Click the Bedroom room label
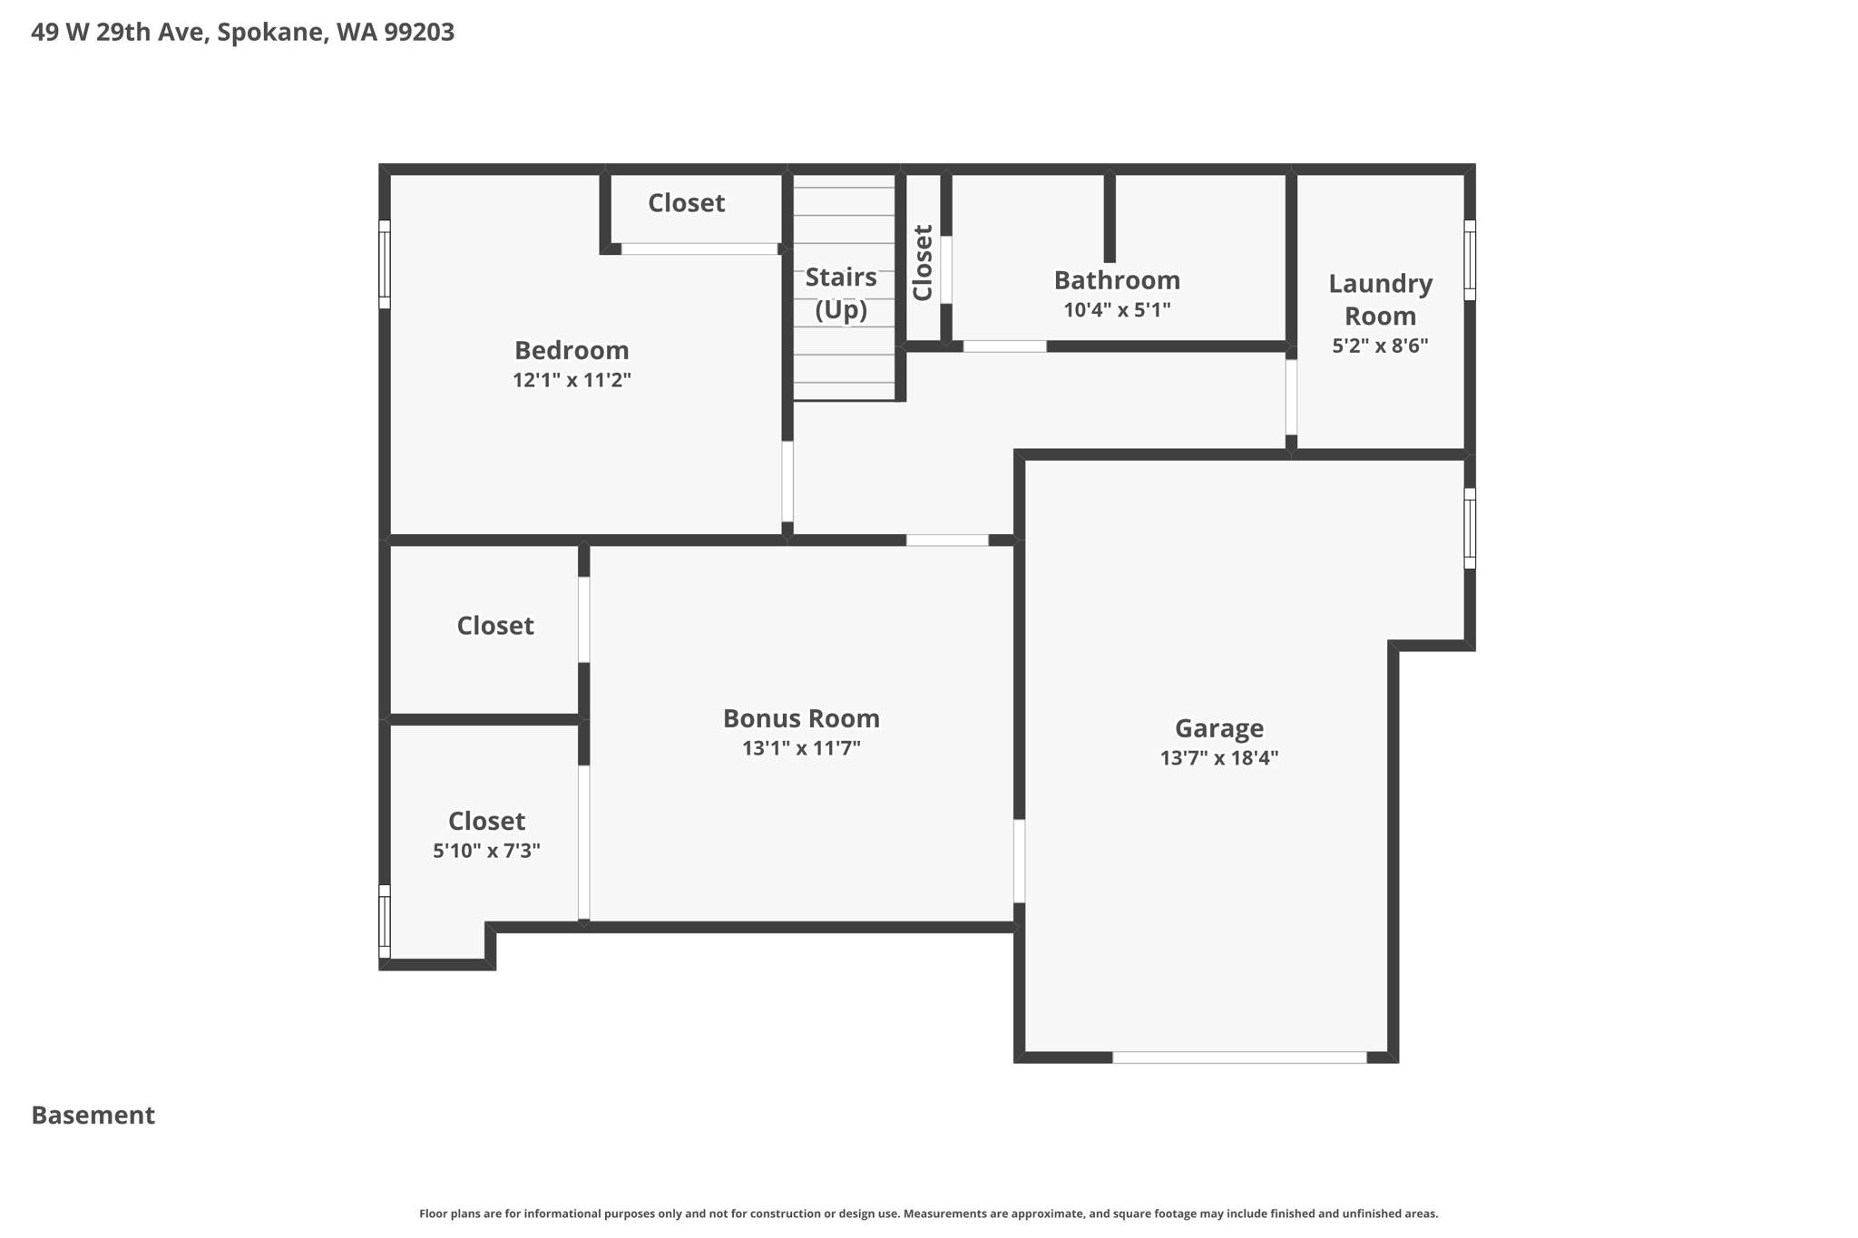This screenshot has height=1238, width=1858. (x=572, y=350)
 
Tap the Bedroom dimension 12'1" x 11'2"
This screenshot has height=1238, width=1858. (x=572, y=380)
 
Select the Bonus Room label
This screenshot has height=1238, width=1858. (x=801, y=718)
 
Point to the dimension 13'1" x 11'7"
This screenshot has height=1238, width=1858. (x=801, y=748)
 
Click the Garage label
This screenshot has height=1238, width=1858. (x=1218, y=728)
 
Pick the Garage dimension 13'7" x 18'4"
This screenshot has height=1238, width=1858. (x=1218, y=758)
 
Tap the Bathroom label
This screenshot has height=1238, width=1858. (x=1117, y=279)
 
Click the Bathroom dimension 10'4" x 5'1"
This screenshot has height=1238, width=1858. (x=1117, y=310)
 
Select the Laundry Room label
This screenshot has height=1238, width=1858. (x=1380, y=299)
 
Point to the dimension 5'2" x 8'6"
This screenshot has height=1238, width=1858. (x=1380, y=346)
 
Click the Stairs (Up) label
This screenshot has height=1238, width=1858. (x=841, y=293)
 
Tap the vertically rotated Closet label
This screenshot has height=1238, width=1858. (x=923, y=263)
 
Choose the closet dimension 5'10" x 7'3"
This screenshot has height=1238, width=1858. (x=486, y=851)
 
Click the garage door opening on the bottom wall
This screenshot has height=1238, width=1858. (x=1239, y=1057)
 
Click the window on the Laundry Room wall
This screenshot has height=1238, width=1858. (x=1470, y=259)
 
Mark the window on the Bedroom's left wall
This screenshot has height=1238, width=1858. (x=385, y=264)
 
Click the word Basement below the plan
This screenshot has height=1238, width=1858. (x=93, y=1116)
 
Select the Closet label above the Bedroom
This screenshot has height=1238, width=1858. (x=686, y=203)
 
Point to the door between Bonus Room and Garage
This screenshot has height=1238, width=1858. (x=1019, y=861)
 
